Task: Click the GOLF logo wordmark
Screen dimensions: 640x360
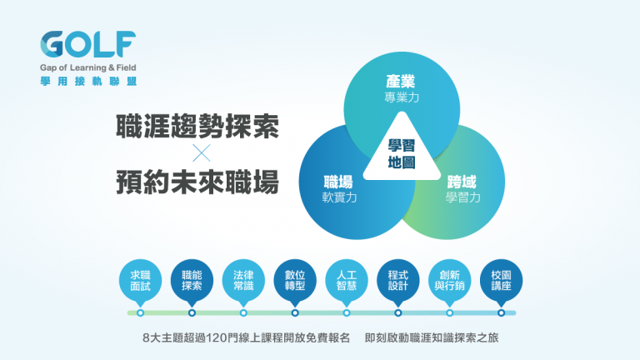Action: pos(87,44)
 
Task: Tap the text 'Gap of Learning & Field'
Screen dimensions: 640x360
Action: pos(87,67)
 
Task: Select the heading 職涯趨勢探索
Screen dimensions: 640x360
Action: pos(198,126)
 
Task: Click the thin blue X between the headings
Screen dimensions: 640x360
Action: pos(202,153)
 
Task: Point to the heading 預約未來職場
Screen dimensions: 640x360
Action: pos(198,182)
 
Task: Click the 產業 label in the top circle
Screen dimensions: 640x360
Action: pos(400,82)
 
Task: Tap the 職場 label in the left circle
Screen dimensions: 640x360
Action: pos(338,182)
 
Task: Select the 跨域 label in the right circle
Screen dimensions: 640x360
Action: pos(462,182)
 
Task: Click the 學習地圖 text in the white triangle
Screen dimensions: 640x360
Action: pos(402,154)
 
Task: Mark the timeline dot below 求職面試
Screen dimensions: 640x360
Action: pos(140,313)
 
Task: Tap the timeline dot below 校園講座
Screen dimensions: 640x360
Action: pos(501,313)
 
